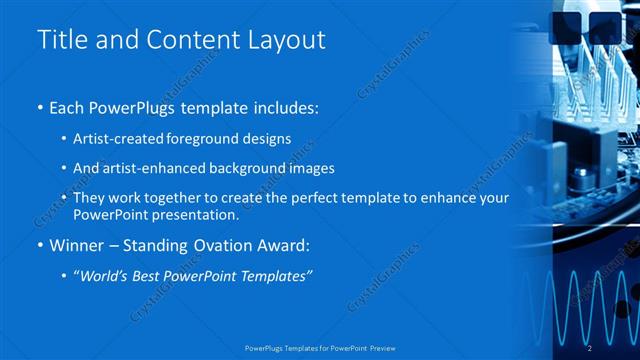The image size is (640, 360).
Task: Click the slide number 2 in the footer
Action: (x=591, y=347)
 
